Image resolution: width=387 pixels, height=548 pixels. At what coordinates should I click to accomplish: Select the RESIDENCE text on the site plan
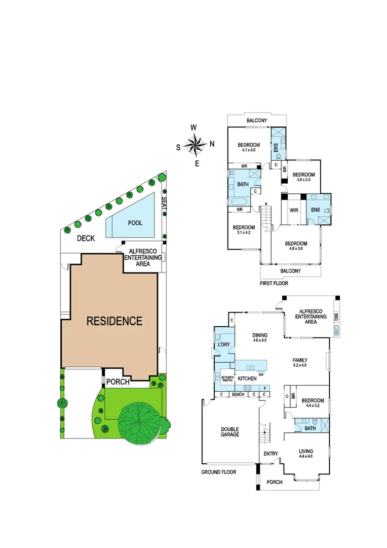[114, 321]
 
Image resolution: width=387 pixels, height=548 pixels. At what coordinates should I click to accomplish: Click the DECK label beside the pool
[87, 238]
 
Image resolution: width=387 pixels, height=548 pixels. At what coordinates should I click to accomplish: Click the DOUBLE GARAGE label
[230, 431]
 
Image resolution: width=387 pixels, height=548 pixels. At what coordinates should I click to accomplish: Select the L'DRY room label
[223, 345]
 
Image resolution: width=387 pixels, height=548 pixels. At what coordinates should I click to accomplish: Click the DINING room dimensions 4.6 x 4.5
[260, 340]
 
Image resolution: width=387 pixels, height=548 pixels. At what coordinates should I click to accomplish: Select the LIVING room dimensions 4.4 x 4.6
[305, 457]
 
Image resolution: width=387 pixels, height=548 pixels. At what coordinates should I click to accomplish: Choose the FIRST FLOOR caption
[274, 283]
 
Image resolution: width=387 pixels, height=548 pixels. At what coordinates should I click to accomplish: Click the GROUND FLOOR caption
[219, 472]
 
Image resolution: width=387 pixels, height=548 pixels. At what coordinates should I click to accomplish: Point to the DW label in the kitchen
[260, 375]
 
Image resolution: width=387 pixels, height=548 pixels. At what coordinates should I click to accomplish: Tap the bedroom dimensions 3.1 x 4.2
[244, 233]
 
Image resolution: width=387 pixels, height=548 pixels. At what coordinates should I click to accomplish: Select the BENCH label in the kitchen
[238, 394]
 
